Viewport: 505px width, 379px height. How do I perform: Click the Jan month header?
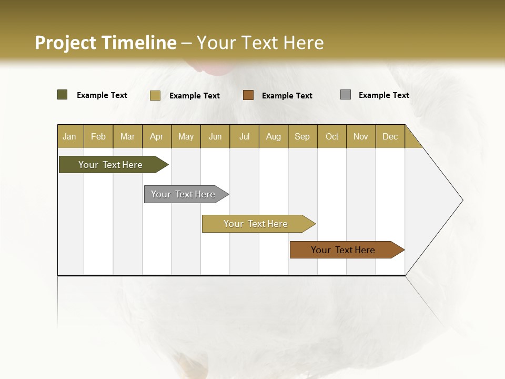(70, 136)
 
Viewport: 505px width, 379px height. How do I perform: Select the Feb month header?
(98, 136)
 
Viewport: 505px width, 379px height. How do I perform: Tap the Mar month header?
(127, 136)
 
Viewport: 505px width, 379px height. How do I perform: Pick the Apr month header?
(157, 136)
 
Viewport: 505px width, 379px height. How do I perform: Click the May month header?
(186, 136)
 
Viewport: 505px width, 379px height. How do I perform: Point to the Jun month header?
(215, 136)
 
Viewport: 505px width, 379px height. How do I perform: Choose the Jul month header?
(244, 136)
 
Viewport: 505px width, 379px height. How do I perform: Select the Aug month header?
(274, 136)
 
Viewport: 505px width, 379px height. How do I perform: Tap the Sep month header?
(302, 136)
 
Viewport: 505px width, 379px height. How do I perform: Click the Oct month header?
(332, 136)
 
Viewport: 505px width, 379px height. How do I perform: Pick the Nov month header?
(361, 136)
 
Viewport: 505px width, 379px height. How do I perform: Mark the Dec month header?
(390, 136)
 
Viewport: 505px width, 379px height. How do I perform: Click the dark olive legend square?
(63, 95)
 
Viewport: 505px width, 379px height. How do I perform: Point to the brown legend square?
(248, 95)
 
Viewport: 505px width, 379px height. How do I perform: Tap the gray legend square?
(346, 95)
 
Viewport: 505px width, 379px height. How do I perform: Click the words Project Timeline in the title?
(106, 43)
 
